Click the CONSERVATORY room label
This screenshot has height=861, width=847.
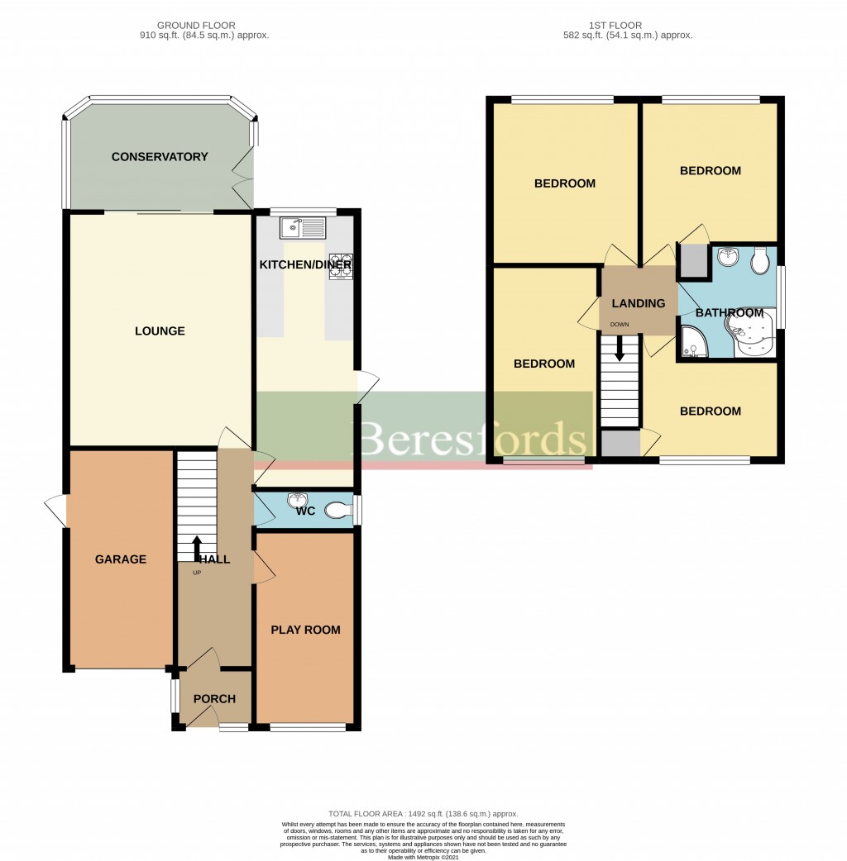click(160, 157)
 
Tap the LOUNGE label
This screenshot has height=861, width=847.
click(160, 331)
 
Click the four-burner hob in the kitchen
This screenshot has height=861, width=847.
click(341, 265)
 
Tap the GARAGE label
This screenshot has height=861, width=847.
click(121, 559)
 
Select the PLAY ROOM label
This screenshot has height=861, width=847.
click(305, 630)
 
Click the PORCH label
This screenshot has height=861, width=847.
click(214, 699)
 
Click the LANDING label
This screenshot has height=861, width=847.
click(638, 303)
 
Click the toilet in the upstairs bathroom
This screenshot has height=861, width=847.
click(760, 262)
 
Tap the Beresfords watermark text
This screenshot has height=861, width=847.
click(473, 439)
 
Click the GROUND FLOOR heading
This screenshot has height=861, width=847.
click(204, 26)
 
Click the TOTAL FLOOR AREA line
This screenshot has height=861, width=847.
click(423, 814)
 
